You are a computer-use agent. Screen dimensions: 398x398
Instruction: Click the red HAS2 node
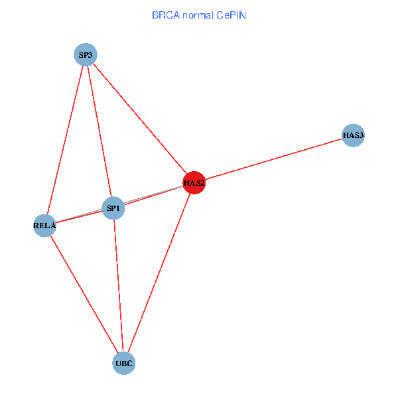click(x=194, y=182)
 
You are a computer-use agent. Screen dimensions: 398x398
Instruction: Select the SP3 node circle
click(x=86, y=55)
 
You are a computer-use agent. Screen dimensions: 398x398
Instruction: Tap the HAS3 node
click(x=354, y=135)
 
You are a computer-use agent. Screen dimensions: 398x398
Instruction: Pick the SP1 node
click(x=113, y=209)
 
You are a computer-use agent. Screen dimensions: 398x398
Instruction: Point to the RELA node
click(x=44, y=226)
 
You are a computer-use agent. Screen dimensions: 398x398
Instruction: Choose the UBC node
click(x=124, y=364)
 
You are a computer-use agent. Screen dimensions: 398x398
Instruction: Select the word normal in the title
click(x=198, y=15)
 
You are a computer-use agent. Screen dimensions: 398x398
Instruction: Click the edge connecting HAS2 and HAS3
click(x=273, y=159)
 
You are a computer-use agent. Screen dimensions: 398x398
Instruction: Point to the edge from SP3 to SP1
click(x=99, y=132)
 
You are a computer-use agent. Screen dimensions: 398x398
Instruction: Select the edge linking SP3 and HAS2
click(x=139, y=119)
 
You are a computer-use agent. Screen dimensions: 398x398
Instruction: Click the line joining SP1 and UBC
click(x=119, y=286)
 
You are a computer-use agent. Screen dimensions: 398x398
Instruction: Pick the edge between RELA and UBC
click(x=84, y=295)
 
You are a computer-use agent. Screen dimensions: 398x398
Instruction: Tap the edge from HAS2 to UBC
click(x=159, y=273)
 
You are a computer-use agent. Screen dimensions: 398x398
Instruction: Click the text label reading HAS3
click(x=354, y=135)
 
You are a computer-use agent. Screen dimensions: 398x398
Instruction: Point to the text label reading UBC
click(x=124, y=364)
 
